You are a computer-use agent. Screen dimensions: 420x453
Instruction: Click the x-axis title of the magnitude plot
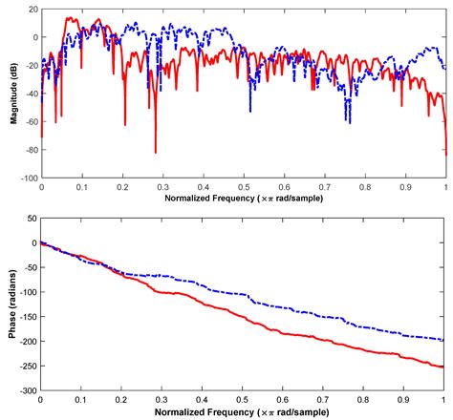(244, 199)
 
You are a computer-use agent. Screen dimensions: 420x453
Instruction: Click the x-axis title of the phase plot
(244, 411)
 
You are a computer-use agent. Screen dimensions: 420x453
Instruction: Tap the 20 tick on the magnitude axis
(32, 10)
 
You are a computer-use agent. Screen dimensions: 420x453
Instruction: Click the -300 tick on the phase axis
(26, 391)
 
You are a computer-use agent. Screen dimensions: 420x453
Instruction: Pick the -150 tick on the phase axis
(26, 317)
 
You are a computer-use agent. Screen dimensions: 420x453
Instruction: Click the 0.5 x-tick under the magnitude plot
(244, 188)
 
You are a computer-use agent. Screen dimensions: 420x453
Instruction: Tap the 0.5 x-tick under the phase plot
(244, 400)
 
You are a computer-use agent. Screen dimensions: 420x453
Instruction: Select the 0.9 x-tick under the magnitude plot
(405, 188)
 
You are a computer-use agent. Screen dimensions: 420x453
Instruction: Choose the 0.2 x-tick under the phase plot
(122, 400)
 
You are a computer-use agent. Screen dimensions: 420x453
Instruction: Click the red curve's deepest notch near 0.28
(155, 152)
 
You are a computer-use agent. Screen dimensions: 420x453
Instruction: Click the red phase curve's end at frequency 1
(445, 367)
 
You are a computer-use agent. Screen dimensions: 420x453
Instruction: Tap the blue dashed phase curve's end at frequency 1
(445, 340)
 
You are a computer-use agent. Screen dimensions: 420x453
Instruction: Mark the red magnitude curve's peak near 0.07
(69, 18)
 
